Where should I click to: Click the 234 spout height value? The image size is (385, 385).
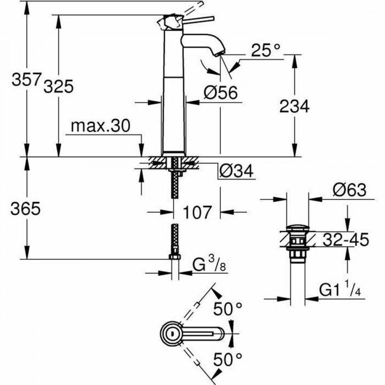coord(294,106)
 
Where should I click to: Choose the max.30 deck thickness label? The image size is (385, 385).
coord(101,126)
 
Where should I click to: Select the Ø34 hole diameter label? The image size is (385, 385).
coord(236,171)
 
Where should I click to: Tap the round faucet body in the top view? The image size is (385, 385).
coord(172,333)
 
